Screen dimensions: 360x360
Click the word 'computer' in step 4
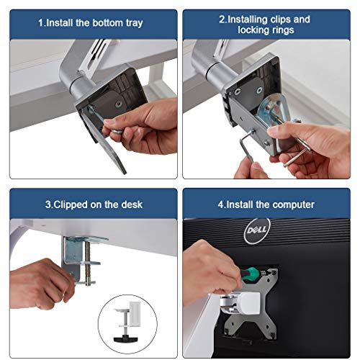coord(292,204)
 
